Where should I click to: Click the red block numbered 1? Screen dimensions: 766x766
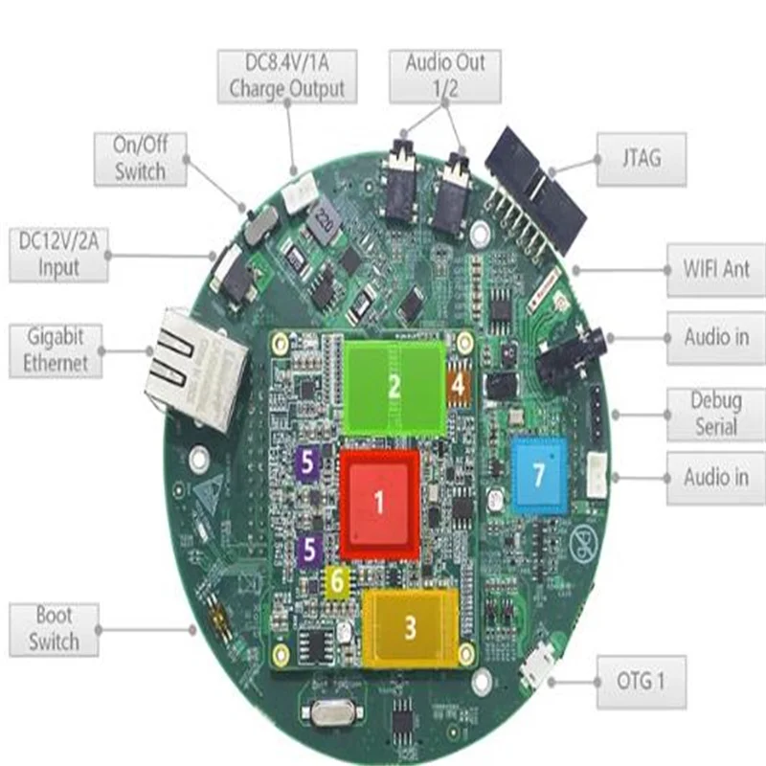point(379,504)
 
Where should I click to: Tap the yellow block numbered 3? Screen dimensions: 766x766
point(410,626)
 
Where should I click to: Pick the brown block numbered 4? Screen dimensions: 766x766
point(459,386)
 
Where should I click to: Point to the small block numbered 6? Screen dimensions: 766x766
point(336,581)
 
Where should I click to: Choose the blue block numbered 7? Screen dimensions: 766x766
point(538,471)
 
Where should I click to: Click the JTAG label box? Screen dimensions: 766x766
point(641,158)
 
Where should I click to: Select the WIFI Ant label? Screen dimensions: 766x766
point(715,269)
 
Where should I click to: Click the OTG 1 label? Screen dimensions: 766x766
point(641,682)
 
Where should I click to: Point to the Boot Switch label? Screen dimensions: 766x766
point(54,629)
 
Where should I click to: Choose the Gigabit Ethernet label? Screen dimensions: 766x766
point(55,350)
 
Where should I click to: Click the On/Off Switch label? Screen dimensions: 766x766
point(140,159)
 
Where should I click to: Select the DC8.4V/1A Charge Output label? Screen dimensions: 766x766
point(286,77)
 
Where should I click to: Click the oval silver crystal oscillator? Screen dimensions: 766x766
point(330,712)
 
